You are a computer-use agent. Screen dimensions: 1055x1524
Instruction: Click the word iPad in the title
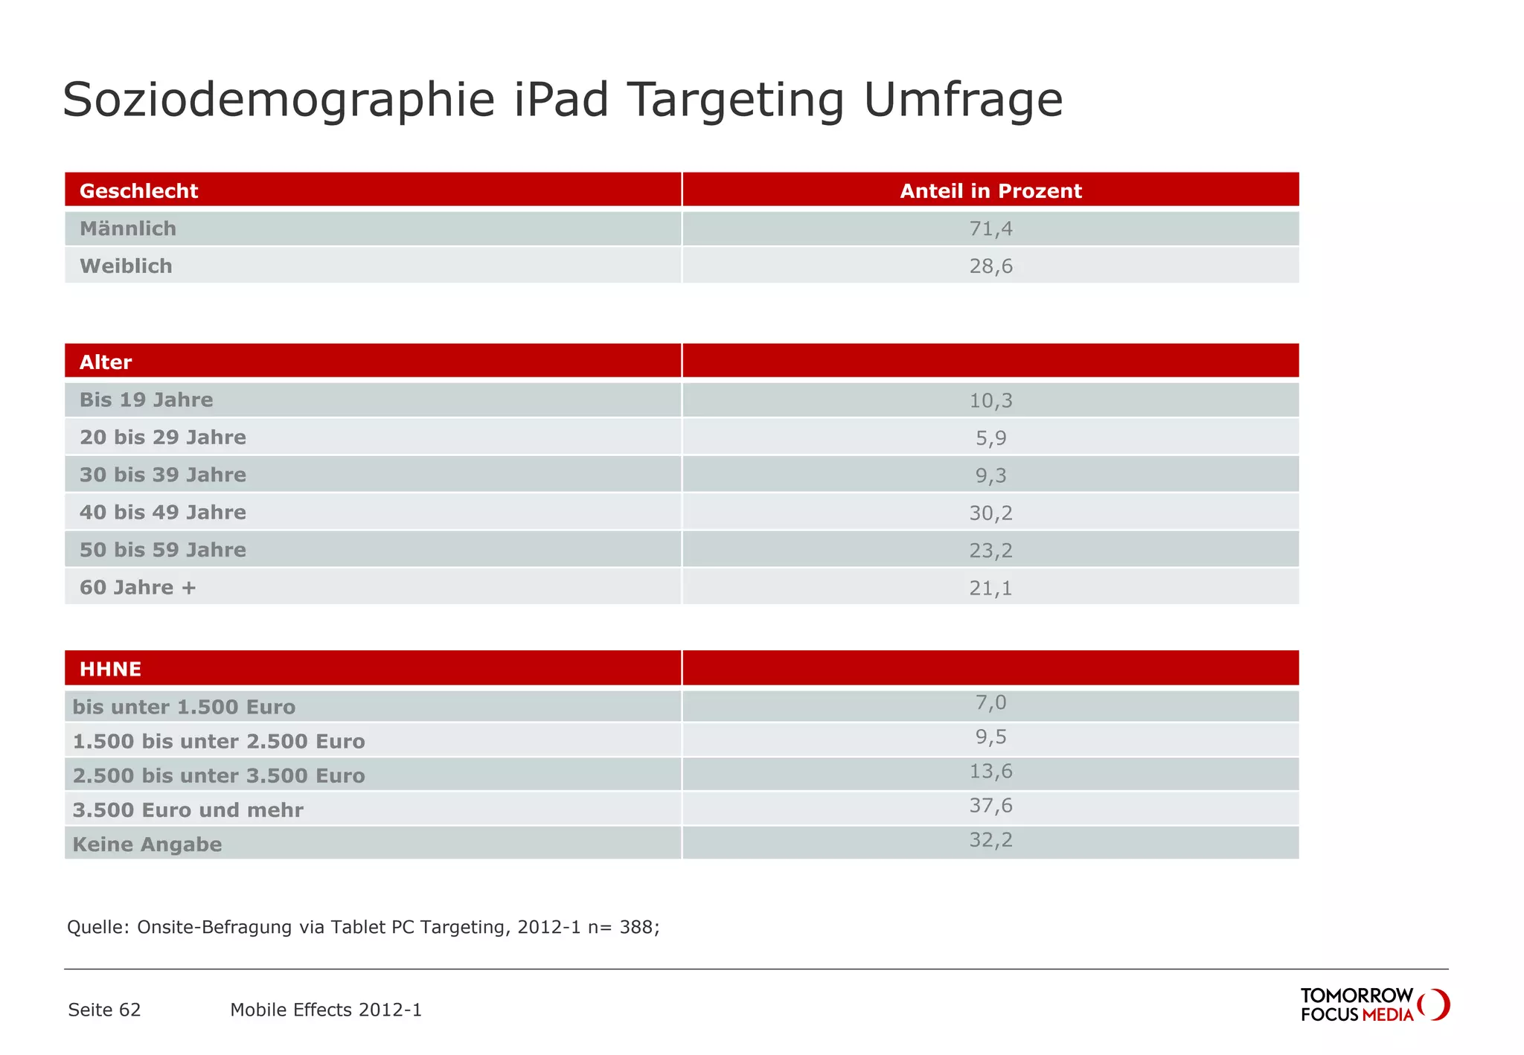click(x=561, y=100)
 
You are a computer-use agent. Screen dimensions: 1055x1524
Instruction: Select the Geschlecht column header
click(x=138, y=191)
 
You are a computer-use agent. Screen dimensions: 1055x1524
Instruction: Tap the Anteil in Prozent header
click(x=990, y=191)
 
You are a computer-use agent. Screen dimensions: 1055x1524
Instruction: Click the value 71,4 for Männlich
click(x=990, y=229)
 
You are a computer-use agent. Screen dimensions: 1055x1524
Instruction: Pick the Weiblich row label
click(x=126, y=266)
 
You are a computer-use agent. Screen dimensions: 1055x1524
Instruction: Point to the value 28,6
click(x=990, y=266)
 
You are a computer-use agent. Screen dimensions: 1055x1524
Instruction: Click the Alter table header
click(x=106, y=362)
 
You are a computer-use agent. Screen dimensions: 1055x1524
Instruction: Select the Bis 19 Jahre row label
click(x=146, y=400)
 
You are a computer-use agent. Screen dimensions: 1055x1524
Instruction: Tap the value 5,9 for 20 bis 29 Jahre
click(x=990, y=438)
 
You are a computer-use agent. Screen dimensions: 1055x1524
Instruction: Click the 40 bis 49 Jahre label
click(x=162, y=513)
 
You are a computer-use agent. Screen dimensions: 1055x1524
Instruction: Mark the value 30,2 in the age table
click(x=990, y=513)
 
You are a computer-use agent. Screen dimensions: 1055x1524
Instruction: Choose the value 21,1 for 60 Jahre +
click(x=990, y=589)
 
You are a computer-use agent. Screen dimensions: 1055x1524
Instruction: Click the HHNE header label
click(x=110, y=669)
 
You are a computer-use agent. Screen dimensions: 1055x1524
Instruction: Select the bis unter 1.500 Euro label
click(x=184, y=708)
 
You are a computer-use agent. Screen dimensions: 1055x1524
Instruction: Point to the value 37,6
click(x=990, y=806)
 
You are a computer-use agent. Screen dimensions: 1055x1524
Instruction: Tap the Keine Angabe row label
click(x=147, y=844)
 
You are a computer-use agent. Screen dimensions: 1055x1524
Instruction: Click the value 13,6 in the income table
click(x=990, y=772)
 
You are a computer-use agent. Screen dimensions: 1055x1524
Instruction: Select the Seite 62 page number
click(x=104, y=1010)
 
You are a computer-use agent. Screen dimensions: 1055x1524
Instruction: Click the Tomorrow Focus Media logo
click(x=1374, y=1004)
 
